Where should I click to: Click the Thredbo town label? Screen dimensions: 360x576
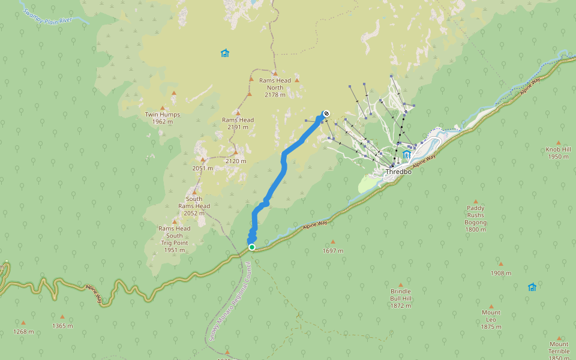398,172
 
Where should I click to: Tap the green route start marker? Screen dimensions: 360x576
252,247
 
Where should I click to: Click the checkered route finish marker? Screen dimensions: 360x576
326,113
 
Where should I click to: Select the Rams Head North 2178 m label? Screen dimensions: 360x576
275,87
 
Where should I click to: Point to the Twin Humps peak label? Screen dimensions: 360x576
162,118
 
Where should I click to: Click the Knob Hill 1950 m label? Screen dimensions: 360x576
557,153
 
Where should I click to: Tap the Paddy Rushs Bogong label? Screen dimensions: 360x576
476,218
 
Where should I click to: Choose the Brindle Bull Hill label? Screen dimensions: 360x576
401,298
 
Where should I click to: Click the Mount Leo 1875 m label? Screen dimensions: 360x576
490,319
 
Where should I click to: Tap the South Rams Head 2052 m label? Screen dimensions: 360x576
194,206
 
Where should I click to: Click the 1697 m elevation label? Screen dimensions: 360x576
333,250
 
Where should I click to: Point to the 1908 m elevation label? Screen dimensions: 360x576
500,273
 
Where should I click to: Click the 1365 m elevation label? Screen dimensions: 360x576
62,326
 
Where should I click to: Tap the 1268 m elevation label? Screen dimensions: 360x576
23,331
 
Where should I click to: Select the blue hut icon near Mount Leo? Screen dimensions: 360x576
532,287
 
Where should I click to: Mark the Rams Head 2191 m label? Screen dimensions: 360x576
238,123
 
